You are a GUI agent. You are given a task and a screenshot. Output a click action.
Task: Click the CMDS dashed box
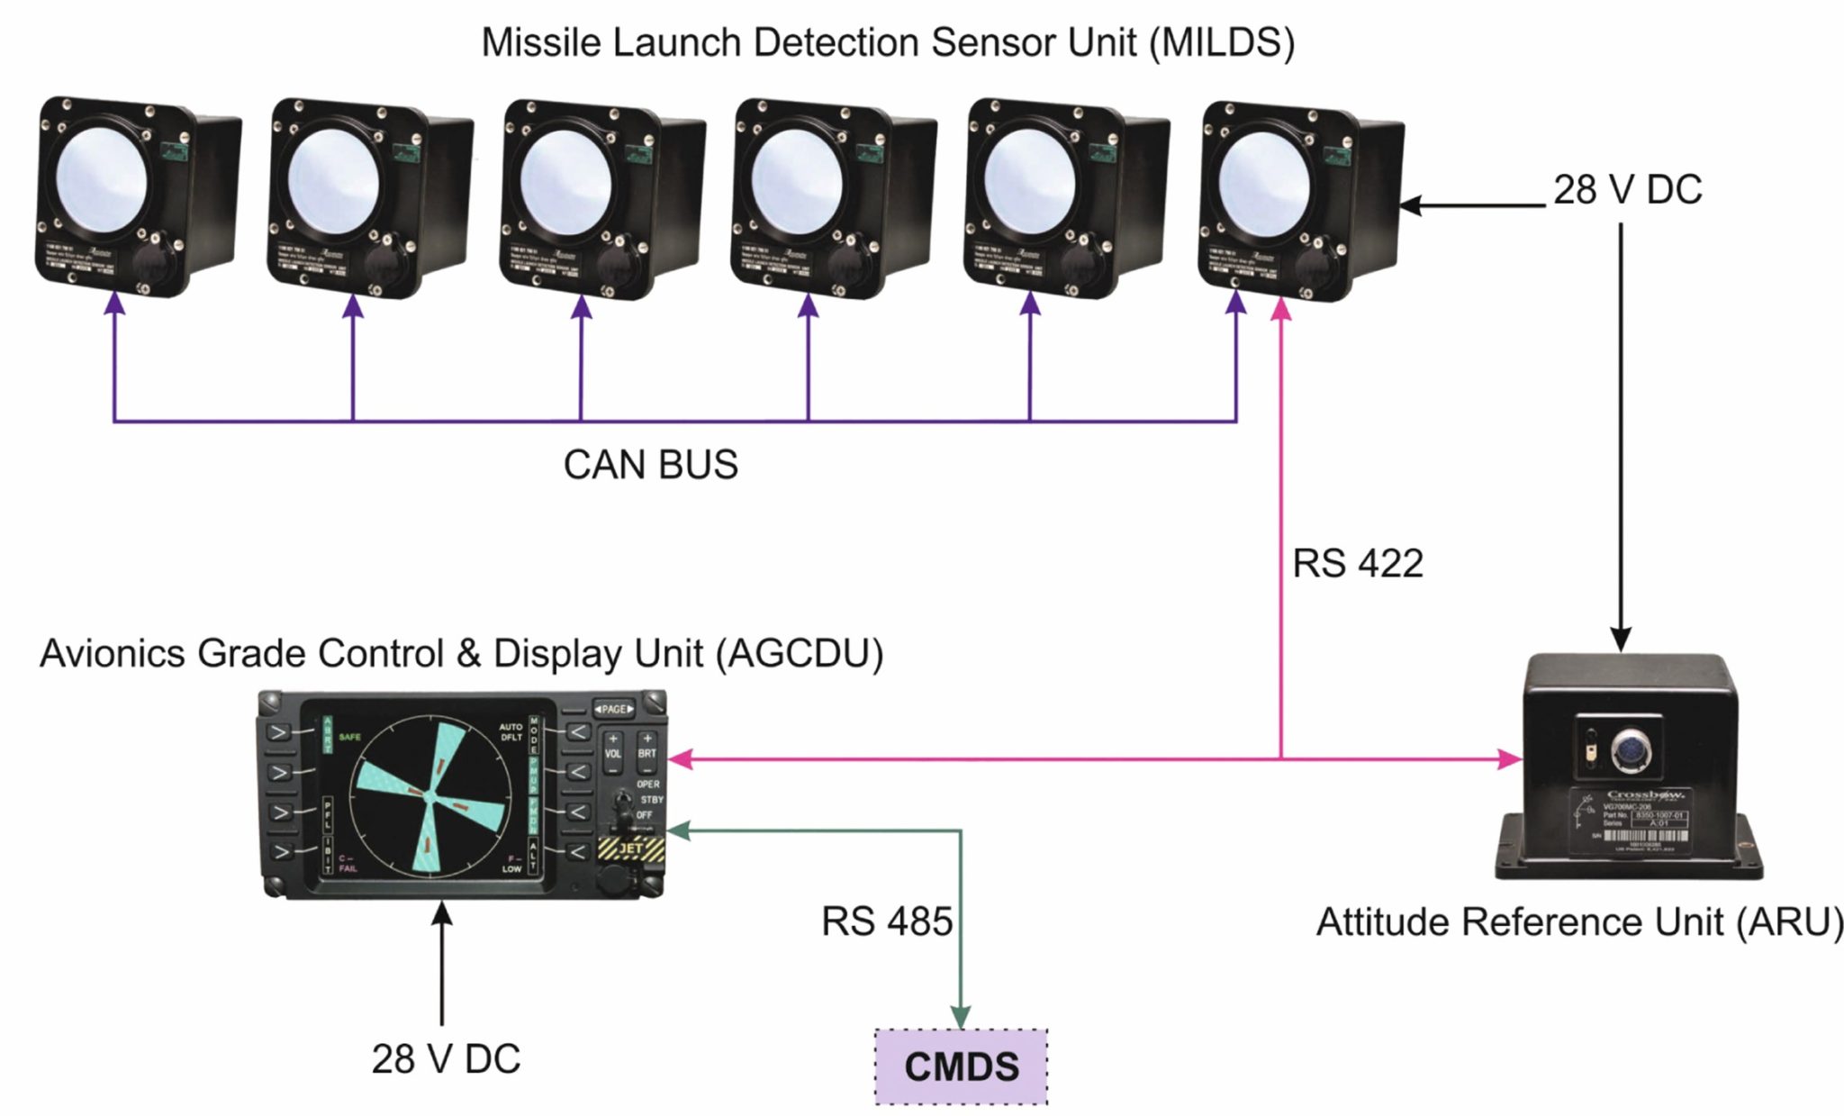coord(961,1066)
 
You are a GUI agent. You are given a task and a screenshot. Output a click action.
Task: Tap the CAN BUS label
coord(650,465)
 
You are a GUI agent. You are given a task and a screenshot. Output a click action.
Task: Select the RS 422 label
coord(1357,564)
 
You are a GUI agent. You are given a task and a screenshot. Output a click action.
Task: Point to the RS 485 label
coord(886,921)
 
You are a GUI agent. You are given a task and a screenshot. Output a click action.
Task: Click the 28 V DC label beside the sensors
coord(1627,190)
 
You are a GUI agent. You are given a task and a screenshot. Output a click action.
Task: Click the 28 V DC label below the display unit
coord(446,1059)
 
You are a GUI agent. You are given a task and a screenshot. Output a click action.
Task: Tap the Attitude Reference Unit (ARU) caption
coord(1579,922)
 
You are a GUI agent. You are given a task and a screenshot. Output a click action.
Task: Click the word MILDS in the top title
coord(1221,42)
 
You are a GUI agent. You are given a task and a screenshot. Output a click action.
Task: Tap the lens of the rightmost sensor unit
coord(1264,185)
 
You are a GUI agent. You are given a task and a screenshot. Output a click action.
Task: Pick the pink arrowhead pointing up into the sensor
coord(1280,310)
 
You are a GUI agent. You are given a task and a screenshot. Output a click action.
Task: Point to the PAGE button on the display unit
coord(614,709)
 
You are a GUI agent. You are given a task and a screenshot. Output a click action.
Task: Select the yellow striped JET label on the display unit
coord(631,848)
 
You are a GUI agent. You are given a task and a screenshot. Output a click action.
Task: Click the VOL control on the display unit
coord(612,753)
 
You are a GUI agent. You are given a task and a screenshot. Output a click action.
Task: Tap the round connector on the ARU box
coord(1631,749)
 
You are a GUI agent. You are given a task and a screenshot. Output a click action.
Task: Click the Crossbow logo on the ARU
coord(1645,794)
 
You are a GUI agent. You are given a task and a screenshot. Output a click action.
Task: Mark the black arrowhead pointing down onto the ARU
coord(1621,640)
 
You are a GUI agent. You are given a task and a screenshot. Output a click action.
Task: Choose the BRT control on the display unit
coord(646,753)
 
